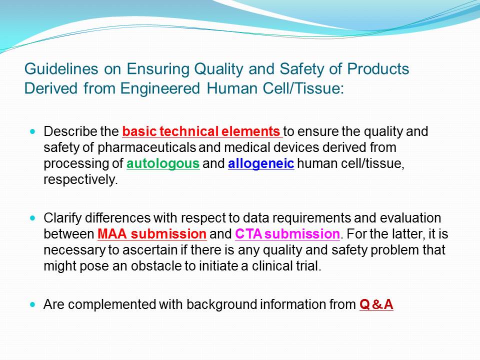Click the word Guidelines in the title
point(61,69)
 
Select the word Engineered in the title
point(160,88)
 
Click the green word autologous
point(163,163)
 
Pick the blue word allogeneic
point(261,163)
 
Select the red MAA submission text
point(152,234)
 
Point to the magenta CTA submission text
point(287,234)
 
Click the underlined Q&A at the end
point(376,304)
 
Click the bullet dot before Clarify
point(33,218)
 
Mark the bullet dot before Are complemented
point(33,304)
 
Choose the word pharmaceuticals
point(146,147)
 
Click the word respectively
point(80,179)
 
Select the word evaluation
point(410,218)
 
